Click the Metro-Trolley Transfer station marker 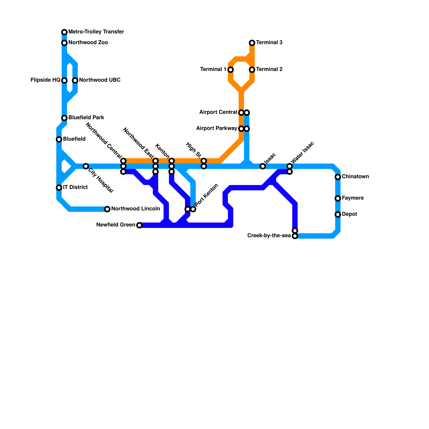coord(64,32)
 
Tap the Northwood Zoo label coord(88,43)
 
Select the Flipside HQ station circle coord(64,80)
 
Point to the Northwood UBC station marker coord(75,80)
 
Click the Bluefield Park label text coord(86,118)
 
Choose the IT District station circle coord(59,188)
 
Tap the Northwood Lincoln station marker coord(107,209)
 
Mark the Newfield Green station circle coord(139,225)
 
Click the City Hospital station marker coord(86,166)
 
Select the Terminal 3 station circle coord(252,43)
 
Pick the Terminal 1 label coord(213,69)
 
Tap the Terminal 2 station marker coord(252,70)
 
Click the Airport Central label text coord(218,112)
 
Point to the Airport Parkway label coord(216,128)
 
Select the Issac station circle coord(263,166)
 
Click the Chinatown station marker coord(338,177)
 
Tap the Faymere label coord(353,198)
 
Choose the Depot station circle coord(338,214)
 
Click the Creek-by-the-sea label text coord(269,236)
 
